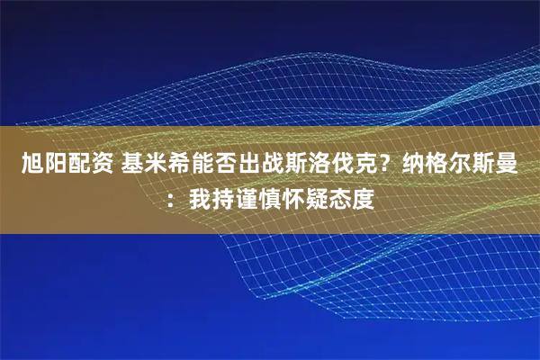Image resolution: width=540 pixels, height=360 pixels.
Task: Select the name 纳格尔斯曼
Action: click(x=473, y=164)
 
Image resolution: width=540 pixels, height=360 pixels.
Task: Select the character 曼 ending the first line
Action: click(x=519, y=164)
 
